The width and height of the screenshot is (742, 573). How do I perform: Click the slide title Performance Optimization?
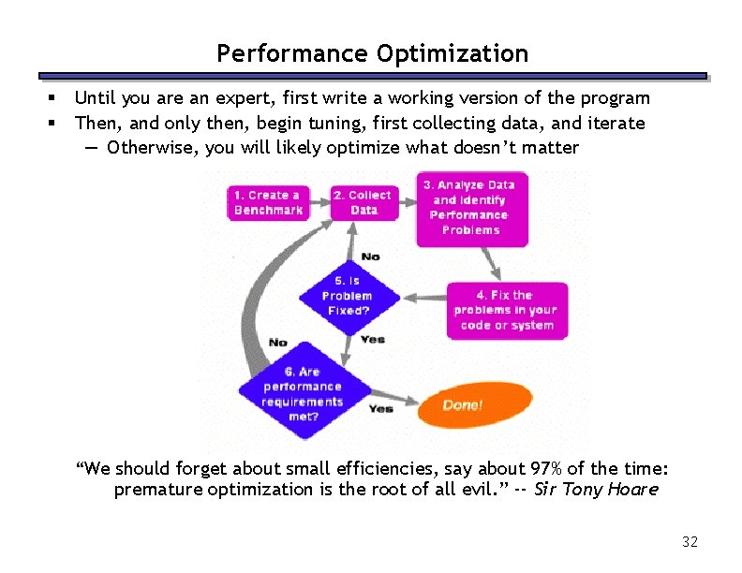(x=372, y=53)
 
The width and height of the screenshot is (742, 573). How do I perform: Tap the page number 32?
(x=690, y=542)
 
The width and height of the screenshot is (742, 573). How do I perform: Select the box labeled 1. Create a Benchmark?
(x=269, y=203)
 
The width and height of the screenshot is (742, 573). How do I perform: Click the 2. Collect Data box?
(x=364, y=203)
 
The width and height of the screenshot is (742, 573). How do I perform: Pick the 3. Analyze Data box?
(x=471, y=208)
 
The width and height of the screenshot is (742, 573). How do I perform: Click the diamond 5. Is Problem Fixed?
(x=348, y=296)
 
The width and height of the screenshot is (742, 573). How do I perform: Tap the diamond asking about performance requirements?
(x=303, y=394)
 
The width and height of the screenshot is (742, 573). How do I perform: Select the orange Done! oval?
(x=462, y=405)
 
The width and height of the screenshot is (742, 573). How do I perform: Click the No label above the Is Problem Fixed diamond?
(x=370, y=257)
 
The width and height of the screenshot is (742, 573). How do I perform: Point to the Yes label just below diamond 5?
(x=372, y=339)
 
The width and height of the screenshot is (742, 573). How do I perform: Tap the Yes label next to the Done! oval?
(x=380, y=409)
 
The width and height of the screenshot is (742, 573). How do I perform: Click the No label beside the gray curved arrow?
(x=278, y=343)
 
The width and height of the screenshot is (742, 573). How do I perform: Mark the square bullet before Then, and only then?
(x=53, y=123)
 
